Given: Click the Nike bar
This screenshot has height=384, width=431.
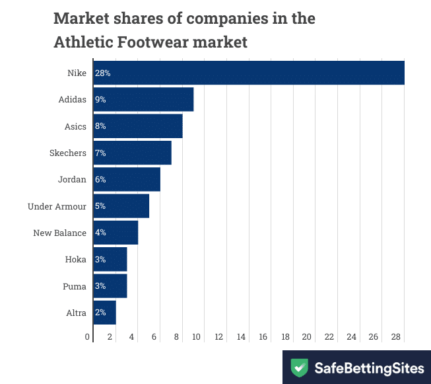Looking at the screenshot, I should [248, 73].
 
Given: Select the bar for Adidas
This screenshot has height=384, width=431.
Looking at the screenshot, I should [143, 99].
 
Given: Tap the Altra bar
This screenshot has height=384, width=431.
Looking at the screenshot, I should [105, 313].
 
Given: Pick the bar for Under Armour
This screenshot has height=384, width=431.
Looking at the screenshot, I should [121, 206].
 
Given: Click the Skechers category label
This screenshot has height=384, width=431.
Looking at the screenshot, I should [68, 153].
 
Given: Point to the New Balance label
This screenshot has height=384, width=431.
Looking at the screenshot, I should [60, 233].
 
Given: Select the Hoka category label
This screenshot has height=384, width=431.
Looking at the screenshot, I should [76, 259].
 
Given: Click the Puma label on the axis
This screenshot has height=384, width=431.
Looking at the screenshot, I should [75, 286].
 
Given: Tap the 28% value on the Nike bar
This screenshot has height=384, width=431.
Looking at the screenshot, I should [102, 73].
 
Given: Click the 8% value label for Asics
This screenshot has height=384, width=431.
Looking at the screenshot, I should [100, 126].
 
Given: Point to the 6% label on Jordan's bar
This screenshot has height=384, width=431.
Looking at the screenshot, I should [100, 179].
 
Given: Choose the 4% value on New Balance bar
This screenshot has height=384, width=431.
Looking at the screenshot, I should [100, 233].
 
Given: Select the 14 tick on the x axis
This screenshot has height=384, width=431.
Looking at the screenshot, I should [242, 337].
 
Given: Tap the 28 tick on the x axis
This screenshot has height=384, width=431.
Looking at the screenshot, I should [396, 337].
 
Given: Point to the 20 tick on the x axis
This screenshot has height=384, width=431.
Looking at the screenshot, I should [307, 337].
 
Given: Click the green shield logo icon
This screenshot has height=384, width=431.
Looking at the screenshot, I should [300, 367].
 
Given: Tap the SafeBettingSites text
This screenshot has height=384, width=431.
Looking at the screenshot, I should [368, 367].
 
